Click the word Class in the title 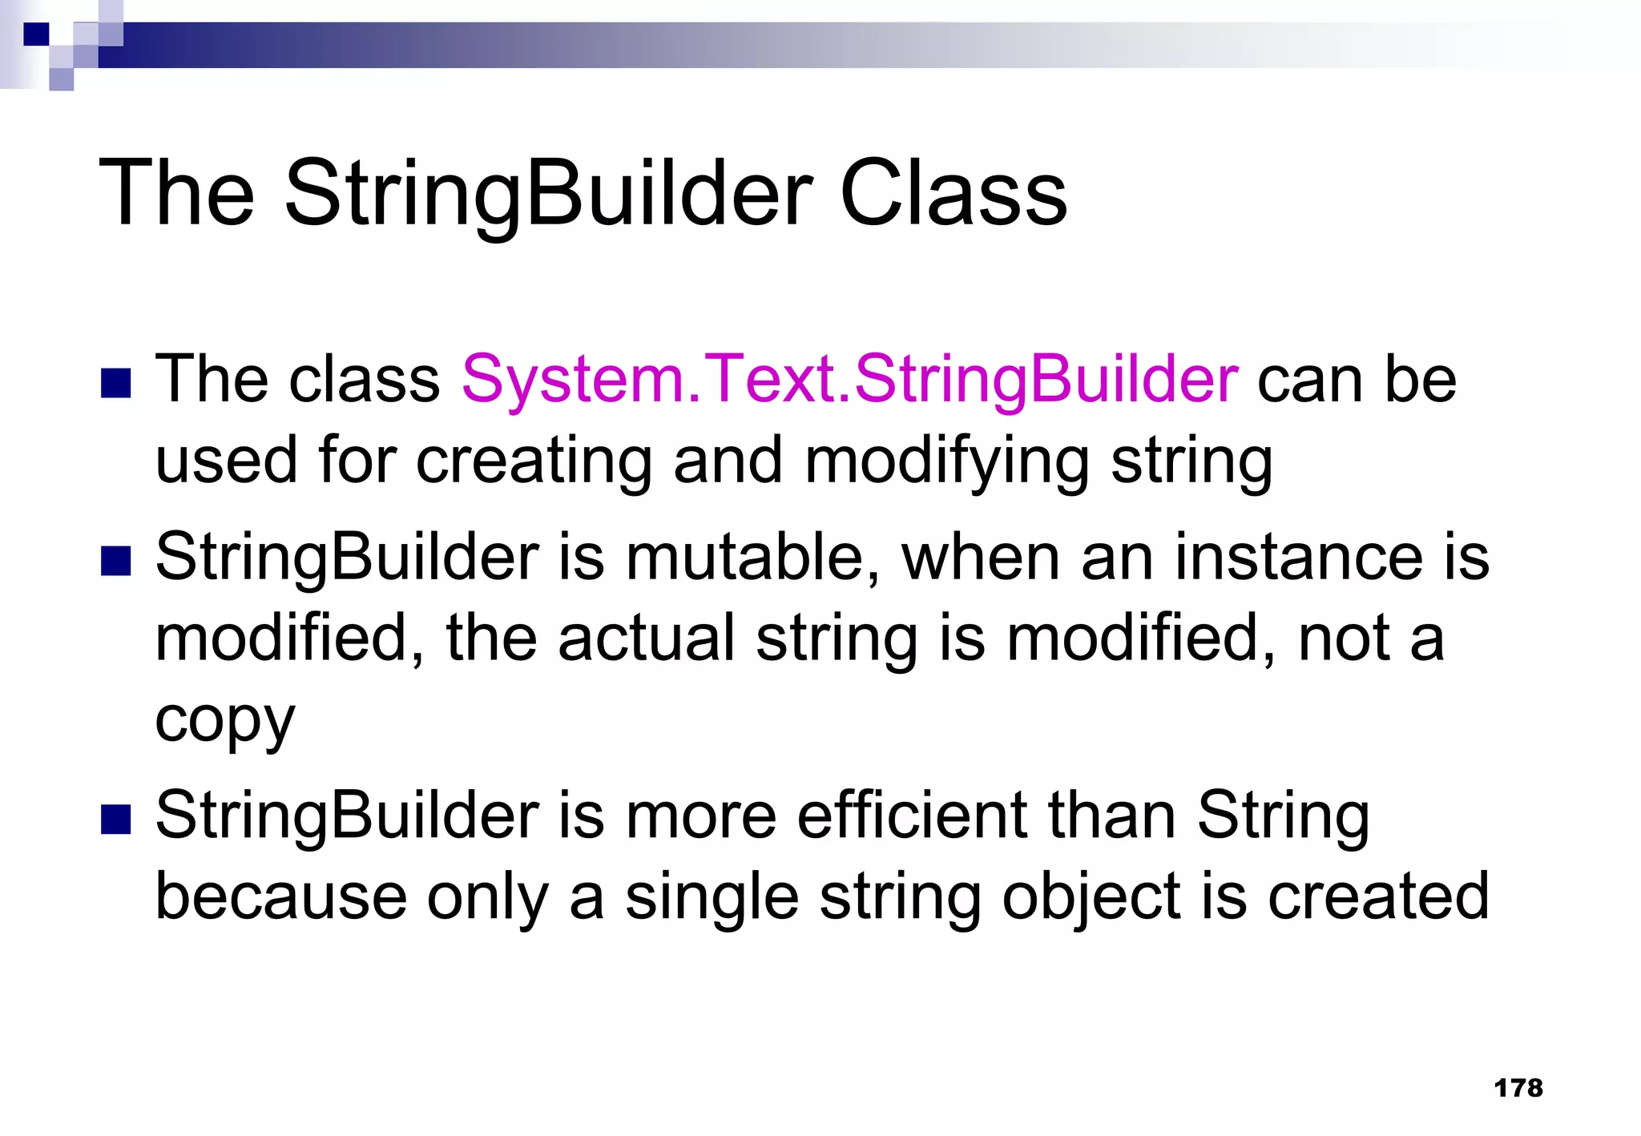(953, 194)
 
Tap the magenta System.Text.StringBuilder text (849, 379)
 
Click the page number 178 (1518, 1088)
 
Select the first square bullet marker (116, 384)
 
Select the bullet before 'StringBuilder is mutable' (116, 562)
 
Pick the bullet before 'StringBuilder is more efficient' (116, 820)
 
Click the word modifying (946, 462)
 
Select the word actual (646, 638)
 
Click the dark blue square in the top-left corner (36, 34)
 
